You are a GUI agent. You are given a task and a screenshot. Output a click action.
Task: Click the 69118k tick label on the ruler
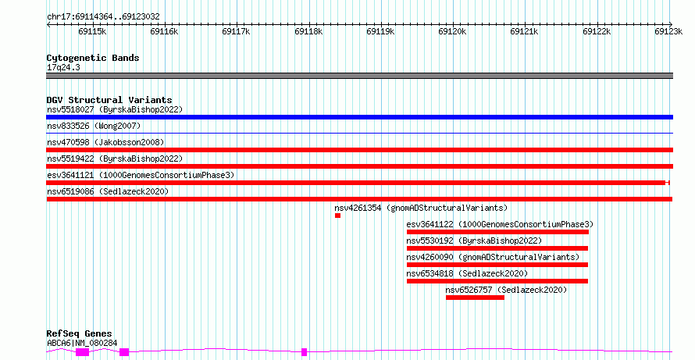coord(308,31)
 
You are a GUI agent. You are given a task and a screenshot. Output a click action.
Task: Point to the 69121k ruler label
coord(524,31)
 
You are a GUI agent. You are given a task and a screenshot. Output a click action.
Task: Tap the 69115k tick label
coord(92,31)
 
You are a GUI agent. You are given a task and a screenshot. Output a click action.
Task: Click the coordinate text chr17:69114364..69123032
coord(103,17)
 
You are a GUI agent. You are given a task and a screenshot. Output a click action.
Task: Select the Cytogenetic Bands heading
coord(93,58)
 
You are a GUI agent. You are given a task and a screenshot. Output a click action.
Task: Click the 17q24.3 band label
coord(63,68)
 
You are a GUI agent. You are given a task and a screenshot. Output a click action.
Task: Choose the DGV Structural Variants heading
coord(109,100)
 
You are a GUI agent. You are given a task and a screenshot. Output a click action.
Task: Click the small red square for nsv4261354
coord(338,216)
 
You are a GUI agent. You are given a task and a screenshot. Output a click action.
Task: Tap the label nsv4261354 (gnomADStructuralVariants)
coord(421,208)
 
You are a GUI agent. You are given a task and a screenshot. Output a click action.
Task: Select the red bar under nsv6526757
coord(475,298)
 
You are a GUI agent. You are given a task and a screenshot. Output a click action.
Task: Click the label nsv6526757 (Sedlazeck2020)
coord(506,290)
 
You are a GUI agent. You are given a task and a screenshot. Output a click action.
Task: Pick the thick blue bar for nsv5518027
coord(359,117)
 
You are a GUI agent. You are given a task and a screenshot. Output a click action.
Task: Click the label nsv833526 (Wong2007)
coord(94,127)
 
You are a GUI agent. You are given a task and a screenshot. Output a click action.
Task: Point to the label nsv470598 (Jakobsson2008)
coord(105,143)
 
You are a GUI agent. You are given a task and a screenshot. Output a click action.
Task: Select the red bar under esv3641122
coord(497,232)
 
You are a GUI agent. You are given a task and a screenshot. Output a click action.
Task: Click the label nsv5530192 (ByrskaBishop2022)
coord(474,241)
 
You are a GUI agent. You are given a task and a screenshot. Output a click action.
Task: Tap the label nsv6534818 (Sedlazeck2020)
coord(467,273)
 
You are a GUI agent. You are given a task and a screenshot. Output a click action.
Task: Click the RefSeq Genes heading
coord(80,333)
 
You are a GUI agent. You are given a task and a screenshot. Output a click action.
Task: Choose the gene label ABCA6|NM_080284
coord(82,343)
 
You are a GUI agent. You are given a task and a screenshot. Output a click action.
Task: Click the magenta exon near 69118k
coord(304,352)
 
